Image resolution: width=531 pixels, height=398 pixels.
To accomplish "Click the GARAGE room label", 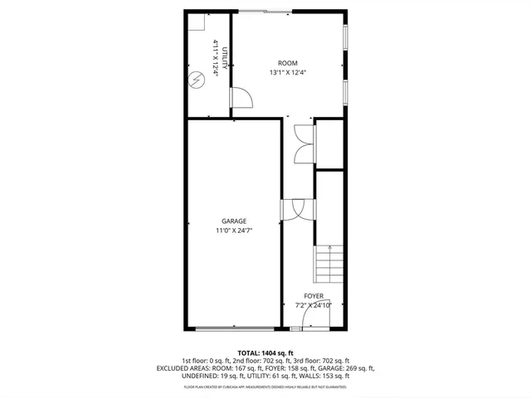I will click(234, 221).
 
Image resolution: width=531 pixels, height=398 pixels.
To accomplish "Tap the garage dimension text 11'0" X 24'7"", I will click(234, 231).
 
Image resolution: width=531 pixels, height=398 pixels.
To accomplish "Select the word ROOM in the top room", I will click(287, 63).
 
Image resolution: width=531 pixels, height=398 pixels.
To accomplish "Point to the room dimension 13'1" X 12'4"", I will click(287, 73).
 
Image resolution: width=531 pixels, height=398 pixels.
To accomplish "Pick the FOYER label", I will click(314, 296).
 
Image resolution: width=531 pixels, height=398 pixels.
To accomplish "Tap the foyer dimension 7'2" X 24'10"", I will click(314, 305).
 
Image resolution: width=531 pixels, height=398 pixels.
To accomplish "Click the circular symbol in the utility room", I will click(197, 80).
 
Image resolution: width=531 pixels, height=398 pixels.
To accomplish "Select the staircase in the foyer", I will click(329, 266).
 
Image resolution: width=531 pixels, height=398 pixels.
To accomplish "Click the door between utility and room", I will click(241, 99).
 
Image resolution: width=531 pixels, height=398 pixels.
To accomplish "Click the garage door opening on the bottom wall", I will click(234, 329).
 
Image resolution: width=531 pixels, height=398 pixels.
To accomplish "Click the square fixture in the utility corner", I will click(196, 23).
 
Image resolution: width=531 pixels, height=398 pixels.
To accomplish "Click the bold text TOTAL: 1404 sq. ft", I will click(265, 352).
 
